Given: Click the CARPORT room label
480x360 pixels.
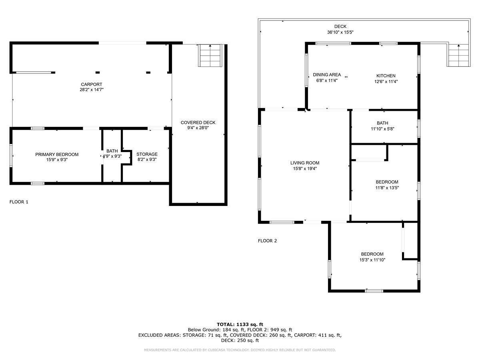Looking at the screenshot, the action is pyautogui.click(x=92, y=84).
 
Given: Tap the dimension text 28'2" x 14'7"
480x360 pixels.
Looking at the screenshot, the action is pyautogui.click(x=92, y=90).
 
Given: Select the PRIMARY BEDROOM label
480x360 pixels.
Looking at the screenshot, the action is pyautogui.click(x=57, y=154).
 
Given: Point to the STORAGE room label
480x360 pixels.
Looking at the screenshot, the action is pyautogui.click(x=147, y=154).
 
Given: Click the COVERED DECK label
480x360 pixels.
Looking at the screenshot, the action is pyautogui.click(x=198, y=123).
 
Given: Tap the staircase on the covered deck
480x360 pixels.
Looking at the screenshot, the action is pyautogui.click(x=210, y=56).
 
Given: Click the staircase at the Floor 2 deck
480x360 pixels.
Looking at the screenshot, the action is pyautogui.click(x=458, y=56).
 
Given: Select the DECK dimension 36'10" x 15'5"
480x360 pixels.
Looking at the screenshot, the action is pyautogui.click(x=340, y=32).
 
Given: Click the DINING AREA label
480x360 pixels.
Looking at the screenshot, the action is pyautogui.click(x=327, y=75).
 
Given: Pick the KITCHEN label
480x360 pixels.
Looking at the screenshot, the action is pyautogui.click(x=386, y=76).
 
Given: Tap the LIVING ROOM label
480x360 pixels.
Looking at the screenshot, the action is pyautogui.click(x=305, y=163).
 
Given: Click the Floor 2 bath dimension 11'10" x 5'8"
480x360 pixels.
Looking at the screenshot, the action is pyautogui.click(x=382, y=129).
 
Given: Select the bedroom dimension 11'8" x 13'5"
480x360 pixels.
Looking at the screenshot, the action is pyautogui.click(x=387, y=188).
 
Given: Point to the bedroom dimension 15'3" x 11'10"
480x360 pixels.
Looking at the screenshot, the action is pyautogui.click(x=372, y=260).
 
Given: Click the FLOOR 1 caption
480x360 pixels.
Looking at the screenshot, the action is pyautogui.click(x=19, y=202).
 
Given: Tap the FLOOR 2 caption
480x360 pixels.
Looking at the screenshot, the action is pyautogui.click(x=267, y=241).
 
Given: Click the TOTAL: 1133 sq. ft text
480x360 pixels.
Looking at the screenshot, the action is pyautogui.click(x=240, y=324).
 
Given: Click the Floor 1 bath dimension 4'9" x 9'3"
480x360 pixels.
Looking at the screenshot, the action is pyautogui.click(x=112, y=156).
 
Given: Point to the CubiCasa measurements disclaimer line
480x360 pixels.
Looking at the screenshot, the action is pyautogui.click(x=240, y=350).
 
